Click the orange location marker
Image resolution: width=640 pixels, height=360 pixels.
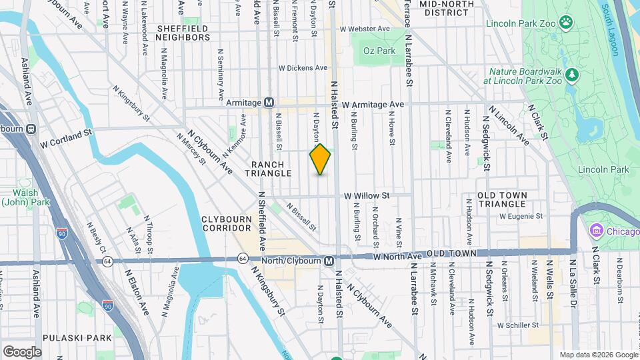click(321, 159)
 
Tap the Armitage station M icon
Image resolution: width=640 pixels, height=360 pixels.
click(269, 103)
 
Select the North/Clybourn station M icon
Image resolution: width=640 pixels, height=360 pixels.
click(329, 260)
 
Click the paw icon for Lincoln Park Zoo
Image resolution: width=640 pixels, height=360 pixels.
click(566, 23)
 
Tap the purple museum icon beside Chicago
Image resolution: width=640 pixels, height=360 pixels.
click(595, 231)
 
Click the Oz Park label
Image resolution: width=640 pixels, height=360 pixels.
click(379, 51)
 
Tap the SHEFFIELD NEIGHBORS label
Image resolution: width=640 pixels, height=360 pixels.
click(183, 33)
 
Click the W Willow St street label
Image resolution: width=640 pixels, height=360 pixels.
click(366, 195)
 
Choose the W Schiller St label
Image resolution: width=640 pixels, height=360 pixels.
click(517, 325)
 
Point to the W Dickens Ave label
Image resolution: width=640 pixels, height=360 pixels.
click(303, 67)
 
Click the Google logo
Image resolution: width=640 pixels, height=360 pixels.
click(22, 351)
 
